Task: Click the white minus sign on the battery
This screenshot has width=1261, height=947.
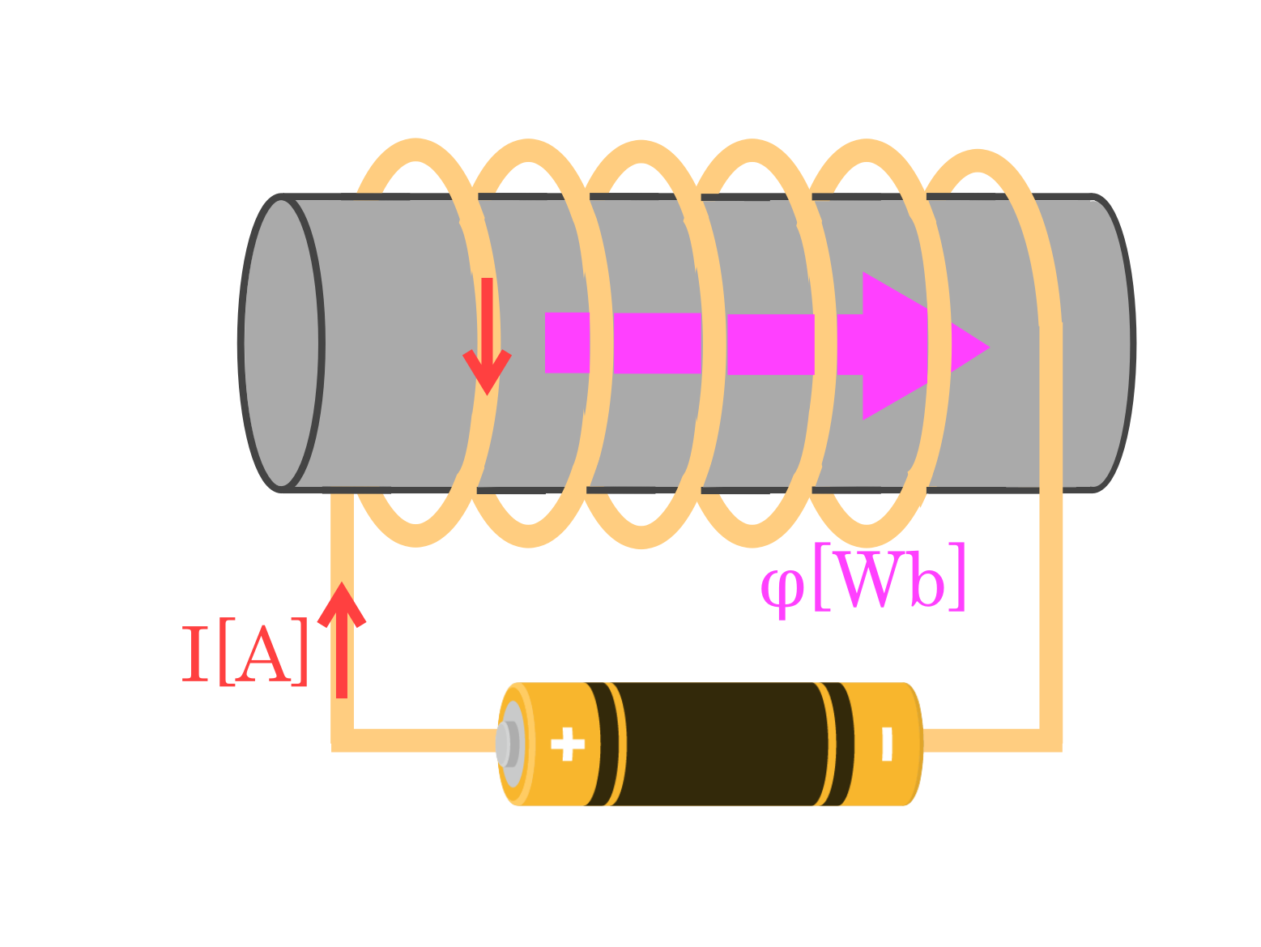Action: click(x=887, y=744)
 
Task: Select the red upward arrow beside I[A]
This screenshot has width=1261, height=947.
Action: click(x=342, y=640)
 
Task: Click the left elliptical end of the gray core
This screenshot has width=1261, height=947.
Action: click(x=281, y=343)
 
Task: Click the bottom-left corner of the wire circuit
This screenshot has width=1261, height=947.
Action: click(x=343, y=740)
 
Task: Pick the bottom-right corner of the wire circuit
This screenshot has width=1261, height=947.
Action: click(x=1050, y=740)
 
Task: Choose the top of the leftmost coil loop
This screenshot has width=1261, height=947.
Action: click(x=416, y=150)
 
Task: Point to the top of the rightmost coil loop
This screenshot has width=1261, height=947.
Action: click(x=978, y=160)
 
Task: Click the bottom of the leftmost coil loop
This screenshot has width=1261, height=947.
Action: click(x=416, y=535)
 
